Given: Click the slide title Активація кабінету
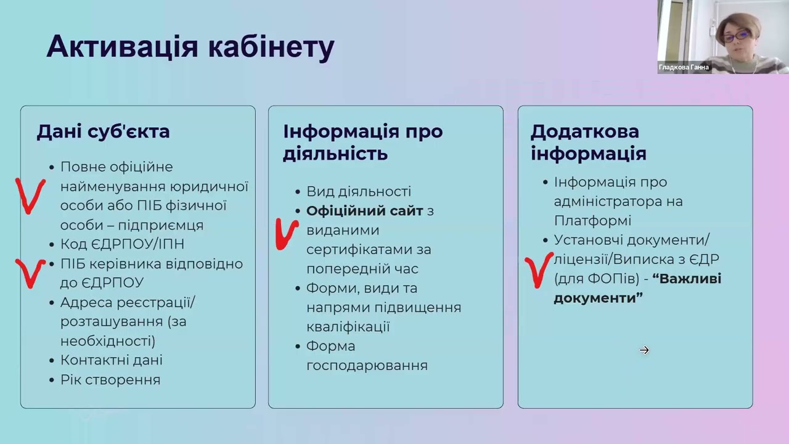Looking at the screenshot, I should pos(190,47).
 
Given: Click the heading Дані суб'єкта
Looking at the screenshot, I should pos(103,131).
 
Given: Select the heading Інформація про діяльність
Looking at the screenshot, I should pos(362,142).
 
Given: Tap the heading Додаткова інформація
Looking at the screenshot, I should pos(588,142).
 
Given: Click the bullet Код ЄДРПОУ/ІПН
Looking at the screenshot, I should pos(122,244).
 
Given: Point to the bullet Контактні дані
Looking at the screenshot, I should pos(111,360).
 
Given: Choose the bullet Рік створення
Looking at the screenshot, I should pos(110,380).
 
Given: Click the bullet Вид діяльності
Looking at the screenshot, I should pos(358,192).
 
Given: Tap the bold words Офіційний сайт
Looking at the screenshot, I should pos(364,211).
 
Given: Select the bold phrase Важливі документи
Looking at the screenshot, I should pos(637,288).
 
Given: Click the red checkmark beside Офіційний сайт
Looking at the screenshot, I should pos(285,234).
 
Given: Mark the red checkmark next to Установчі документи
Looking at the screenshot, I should pos(539,269).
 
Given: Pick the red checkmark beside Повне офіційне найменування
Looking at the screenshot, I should pos(30,195).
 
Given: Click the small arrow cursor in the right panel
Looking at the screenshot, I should pos(644,350).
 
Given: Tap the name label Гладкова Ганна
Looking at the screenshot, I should pos(684,67).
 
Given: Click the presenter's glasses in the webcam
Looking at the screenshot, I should pos(735,37).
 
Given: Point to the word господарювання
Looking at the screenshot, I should pos(367,366).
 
